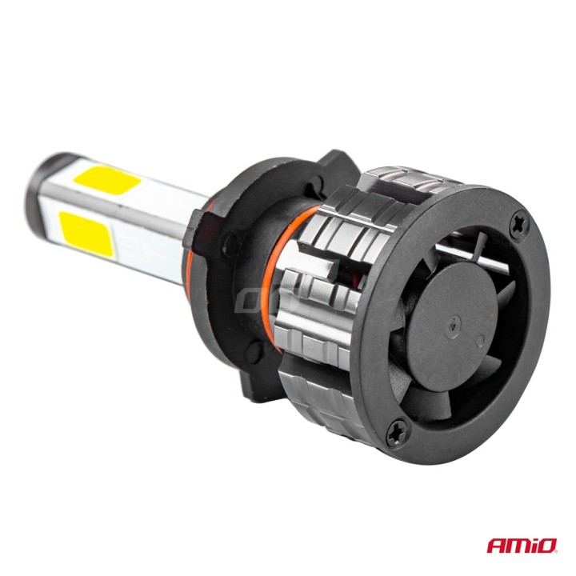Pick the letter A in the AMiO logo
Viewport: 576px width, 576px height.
pyautogui.click(x=496, y=546)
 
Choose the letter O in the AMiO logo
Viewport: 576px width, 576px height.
pyautogui.click(x=548, y=546)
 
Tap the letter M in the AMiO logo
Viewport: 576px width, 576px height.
pyautogui.click(x=517, y=546)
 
